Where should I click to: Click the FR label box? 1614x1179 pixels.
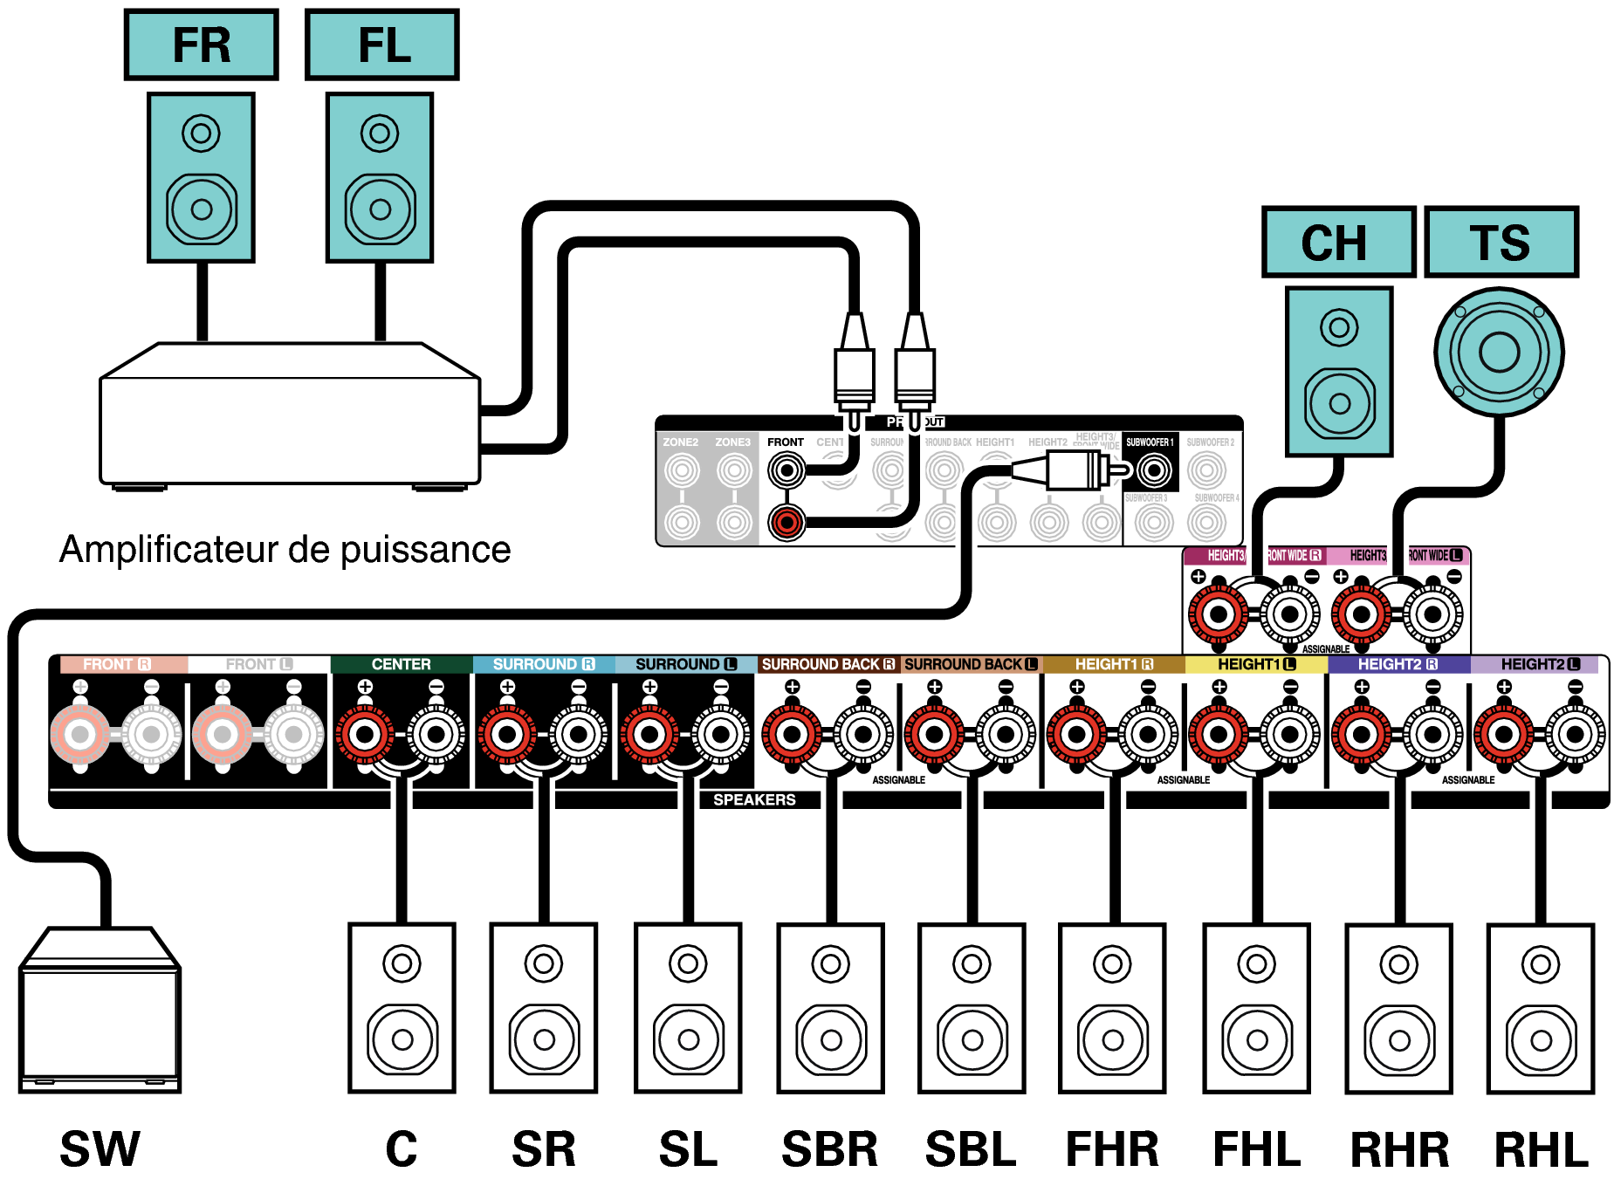pyautogui.click(x=201, y=45)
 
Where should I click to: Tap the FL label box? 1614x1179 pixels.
pyautogui.click(x=382, y=45)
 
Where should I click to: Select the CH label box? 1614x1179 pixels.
pyautogui.click(x=1338, y=242)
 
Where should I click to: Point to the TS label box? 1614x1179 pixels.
pyautogui.click(x=1501, y=242)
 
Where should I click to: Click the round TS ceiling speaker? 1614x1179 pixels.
pyautogui.click(x=1499, y=353)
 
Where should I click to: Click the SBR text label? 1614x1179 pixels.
pyautogui.click(x=829, y=1148)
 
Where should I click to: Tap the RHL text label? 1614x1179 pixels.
pyautogui.click(x=1542, y=1148)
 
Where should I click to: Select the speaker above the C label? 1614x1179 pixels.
pyautogui.click(x=402, y=1008)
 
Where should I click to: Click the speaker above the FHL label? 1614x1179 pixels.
pyautogui.click(x=1256, y=1008)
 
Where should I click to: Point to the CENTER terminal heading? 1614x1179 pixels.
pyautogui.click(x=401, y=664)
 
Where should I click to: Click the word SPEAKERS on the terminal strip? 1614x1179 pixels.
pyautogui.click(x=754, y=799)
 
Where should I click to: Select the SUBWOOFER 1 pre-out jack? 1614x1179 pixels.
pyautogui.click(x=1154, y=471)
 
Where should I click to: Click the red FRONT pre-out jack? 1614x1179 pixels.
pyautogui.click(x=786, y=522)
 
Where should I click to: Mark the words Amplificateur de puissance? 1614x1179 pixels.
pyautogui.click(x=285, y=550)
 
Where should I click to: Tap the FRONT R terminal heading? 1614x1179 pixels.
pyautogui.click(x=117, y=664)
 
